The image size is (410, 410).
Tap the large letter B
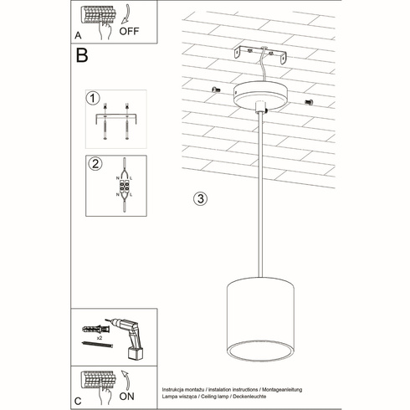pyautogui.click(x=82, y=57)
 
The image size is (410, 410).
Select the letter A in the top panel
pyautogui.click(x=77, y=36)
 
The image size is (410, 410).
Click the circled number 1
pyautogui.click(x=94, y=99)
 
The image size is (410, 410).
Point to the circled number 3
pyautogui.click(x=199, y=199)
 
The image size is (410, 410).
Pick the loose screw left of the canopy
pyautogui.click(x=216, y=90)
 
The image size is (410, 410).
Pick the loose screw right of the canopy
pyautogui.click(x=309, y=101)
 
